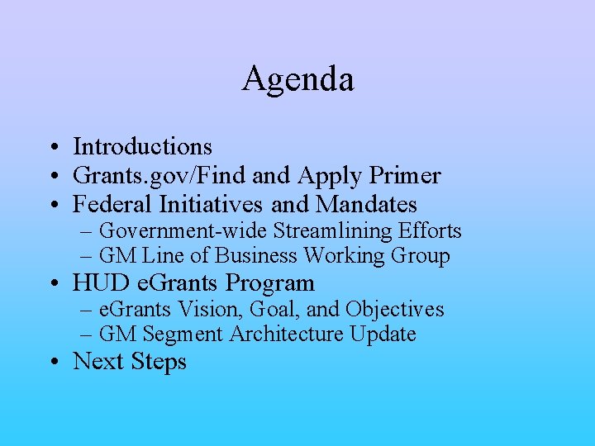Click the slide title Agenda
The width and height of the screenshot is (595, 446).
[x=297, y=79]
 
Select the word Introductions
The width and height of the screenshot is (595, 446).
[x=142, y=147]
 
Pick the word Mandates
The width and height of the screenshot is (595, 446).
[x=366, y=204]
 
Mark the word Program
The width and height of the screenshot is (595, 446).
[x=270, y=283]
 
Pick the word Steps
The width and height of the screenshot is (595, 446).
[x=161, y=362]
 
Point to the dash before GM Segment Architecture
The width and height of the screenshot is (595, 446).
[x=87, y=335]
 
